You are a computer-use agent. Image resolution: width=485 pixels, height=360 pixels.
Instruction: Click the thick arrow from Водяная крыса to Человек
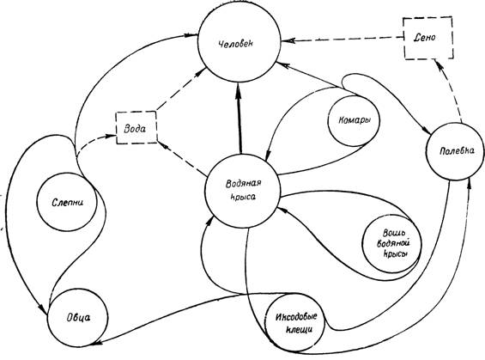point(239,118)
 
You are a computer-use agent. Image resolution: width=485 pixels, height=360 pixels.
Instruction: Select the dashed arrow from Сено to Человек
point(342,39)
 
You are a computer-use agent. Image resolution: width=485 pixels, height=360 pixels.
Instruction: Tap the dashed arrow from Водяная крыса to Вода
point(182,158)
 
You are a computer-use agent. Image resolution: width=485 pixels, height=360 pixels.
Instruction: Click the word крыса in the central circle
point(244,197)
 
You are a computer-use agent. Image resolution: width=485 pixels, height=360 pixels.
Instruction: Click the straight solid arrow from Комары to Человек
point(312,76)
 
